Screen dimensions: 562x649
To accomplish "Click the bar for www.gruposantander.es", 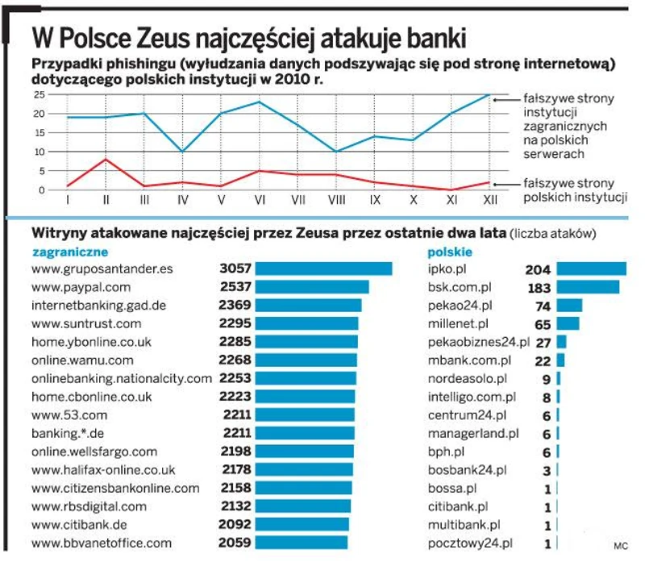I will pos(323,269).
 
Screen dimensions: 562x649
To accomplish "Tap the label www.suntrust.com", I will pos(86,323).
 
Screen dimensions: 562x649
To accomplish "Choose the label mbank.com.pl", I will pos(468,360).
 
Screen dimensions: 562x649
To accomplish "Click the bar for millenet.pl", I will pos(568,323).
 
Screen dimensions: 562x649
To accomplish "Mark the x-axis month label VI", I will pos(260,198).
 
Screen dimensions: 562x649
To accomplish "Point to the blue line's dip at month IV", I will pos(183,152).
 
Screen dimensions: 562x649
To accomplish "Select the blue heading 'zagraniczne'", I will pos(64,252).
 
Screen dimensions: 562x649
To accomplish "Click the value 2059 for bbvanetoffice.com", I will pos(235,543).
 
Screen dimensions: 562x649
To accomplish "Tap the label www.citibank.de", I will pos(80,524).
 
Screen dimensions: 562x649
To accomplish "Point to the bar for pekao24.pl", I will pos(569,305).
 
